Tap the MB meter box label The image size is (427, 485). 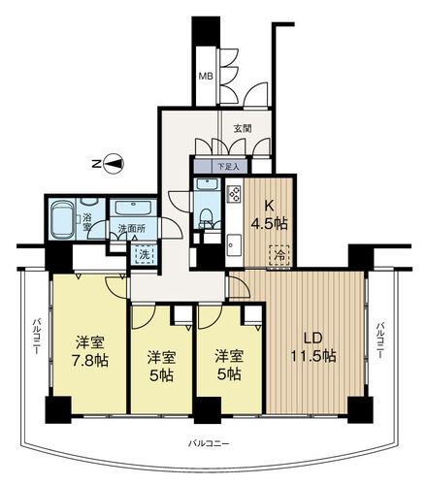(206, 77)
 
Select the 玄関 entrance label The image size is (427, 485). (243, 129)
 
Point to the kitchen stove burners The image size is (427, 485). (234, 193)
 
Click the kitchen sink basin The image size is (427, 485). (234, 244)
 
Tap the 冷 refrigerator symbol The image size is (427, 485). (279, 255)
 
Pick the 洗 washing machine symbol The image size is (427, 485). (144, 255)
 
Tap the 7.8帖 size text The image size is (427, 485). (90, 360)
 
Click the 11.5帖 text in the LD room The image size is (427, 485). (313, 356)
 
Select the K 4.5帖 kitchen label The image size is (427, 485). (269, 214)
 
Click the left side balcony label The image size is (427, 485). (36, 337)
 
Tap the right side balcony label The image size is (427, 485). (380, 339)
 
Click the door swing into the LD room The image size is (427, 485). (240, 286)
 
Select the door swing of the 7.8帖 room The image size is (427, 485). (116, 287)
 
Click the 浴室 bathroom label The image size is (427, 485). (86, 222)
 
